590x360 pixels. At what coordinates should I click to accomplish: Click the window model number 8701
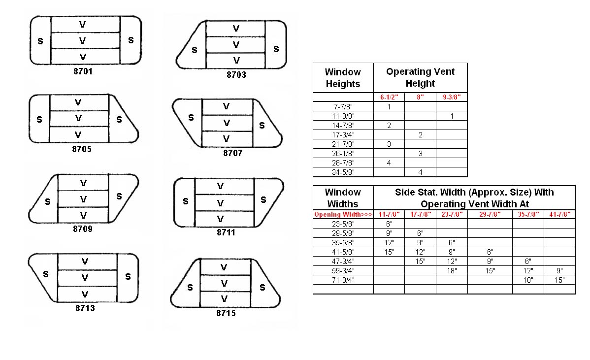[83, 71]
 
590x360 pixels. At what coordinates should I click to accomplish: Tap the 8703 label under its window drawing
[236, 75]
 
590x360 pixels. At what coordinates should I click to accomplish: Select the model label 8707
[233, 153]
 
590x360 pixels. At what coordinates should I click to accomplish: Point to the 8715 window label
[226, 313]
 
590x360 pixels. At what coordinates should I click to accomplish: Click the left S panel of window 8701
[40, 40]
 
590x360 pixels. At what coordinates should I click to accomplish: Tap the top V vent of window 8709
[83, 183]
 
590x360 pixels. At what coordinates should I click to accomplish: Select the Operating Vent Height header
[420, 77]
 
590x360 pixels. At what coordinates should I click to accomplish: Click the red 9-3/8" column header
[452, 97]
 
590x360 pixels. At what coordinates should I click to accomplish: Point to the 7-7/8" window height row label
[343, 107]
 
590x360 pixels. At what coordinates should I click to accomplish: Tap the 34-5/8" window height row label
[343, 172]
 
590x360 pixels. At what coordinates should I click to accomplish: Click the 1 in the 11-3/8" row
[452, 116]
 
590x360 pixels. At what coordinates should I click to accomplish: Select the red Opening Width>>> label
[343, 214]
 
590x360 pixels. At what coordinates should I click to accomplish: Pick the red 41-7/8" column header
[559, 214]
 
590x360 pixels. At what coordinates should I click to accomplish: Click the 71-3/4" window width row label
[343, 280]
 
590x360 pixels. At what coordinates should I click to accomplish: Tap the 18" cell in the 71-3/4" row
[528, 280]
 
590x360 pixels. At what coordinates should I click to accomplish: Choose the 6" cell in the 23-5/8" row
[389, 224]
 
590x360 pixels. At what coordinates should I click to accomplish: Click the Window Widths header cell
[343, 198]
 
